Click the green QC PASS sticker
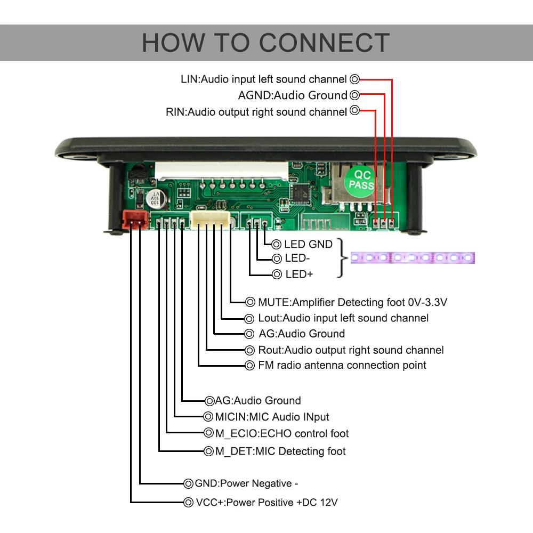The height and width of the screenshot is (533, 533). (x=360, y=180)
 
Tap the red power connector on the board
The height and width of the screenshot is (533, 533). (x=134, y=219)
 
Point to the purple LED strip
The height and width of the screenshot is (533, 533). (x=413, y=258)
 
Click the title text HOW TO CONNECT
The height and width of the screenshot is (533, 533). (x=266, y=43)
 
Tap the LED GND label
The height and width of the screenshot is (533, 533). (x=308, y=245)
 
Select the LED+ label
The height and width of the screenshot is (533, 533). (x=299, y=274)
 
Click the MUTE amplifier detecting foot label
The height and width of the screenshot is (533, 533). (x=352, y=303)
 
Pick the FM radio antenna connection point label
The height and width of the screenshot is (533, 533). (x=342, y=366)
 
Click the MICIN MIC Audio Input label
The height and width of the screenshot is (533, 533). (x=272, y=417)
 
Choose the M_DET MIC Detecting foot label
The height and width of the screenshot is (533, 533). (x=280, y=451)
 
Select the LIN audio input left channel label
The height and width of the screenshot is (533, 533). (x=264, y=79)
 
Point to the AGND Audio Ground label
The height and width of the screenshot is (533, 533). (x=293, y=95)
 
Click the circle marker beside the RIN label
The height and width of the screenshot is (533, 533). (x=355, y=111)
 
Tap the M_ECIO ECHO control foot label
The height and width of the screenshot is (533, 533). (x=282, y=433)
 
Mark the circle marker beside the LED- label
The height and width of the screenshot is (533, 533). (x=277, y=259)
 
